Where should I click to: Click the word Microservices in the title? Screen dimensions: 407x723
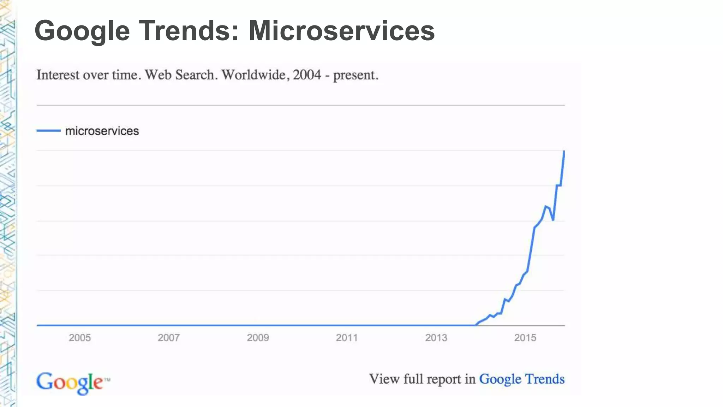pos(341,31)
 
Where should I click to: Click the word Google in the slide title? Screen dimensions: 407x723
pos(82,31)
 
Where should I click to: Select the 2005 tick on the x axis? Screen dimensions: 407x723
pos(80,338)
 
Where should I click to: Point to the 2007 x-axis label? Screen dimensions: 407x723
pos(169,338)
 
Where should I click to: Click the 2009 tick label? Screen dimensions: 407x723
pos(258,338)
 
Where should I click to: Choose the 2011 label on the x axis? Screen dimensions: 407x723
pos(347,338)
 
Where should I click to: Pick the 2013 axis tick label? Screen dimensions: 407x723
pos(436,338)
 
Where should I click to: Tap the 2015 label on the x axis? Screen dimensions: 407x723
pos(525,338)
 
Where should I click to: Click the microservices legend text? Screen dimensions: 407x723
pos(102,131)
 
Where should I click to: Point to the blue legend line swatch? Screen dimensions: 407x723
pos(48,131)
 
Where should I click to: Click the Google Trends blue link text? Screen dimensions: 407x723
pos(521,379)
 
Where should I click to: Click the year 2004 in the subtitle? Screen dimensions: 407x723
pos(307,75)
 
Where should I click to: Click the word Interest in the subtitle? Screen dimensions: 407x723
pos(58,75)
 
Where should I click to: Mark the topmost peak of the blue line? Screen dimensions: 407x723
pos(564,152)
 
